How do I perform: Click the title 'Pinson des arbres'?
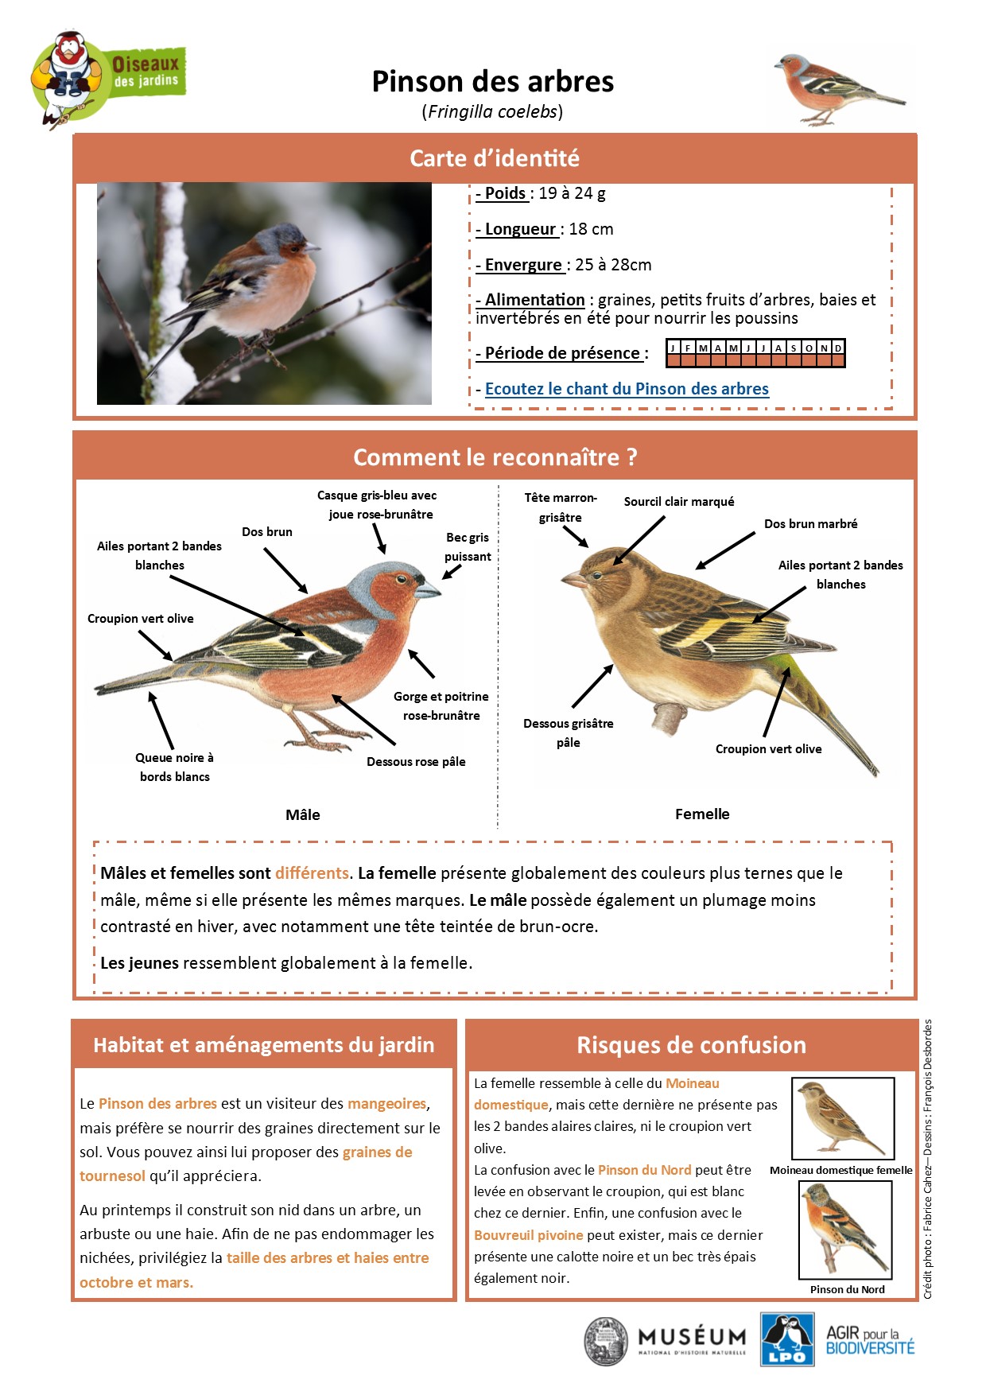pos(493,82)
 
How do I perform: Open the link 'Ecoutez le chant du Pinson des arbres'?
pos(627,389)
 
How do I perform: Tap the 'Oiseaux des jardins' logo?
pos(108,77)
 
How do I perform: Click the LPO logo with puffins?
pos(786,1339)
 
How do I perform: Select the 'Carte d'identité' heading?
pos(494,158)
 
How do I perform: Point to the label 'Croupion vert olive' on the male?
pos(141,619)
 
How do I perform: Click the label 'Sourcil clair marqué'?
pos(679,502)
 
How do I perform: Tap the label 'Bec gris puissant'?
pos(468,547)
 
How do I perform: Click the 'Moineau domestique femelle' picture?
pos(843,1118)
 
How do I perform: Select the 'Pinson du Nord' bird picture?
pos(845,1229)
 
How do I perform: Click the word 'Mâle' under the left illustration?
pos(303,814)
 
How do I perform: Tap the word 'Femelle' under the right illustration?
pos(702,814)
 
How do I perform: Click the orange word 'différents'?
pos(312,873)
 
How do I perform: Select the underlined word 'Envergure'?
pos(523,265)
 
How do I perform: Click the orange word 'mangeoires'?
pos(387,1104)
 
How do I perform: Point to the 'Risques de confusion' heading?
pos(691,1045)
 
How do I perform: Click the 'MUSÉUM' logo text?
pos(692,1337)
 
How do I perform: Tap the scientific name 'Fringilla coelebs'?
pos(492,111)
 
